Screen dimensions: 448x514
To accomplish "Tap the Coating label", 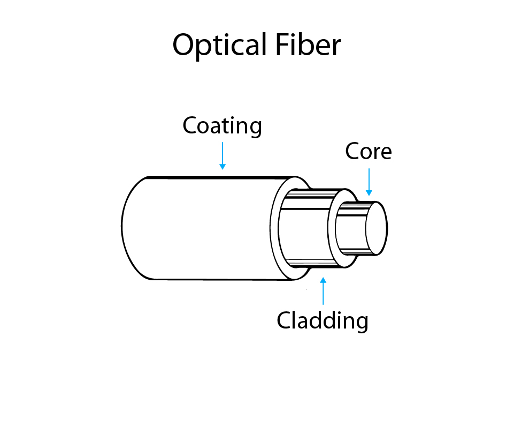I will (x=222, y=126).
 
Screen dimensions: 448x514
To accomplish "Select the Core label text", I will (x=368, y=152).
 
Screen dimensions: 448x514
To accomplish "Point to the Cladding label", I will (x=322, y=320).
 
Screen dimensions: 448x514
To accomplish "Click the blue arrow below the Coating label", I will (x=222, y=156).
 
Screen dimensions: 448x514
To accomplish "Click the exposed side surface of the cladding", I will (x=305, y=228).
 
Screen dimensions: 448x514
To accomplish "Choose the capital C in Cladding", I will (x=284, y=320).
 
